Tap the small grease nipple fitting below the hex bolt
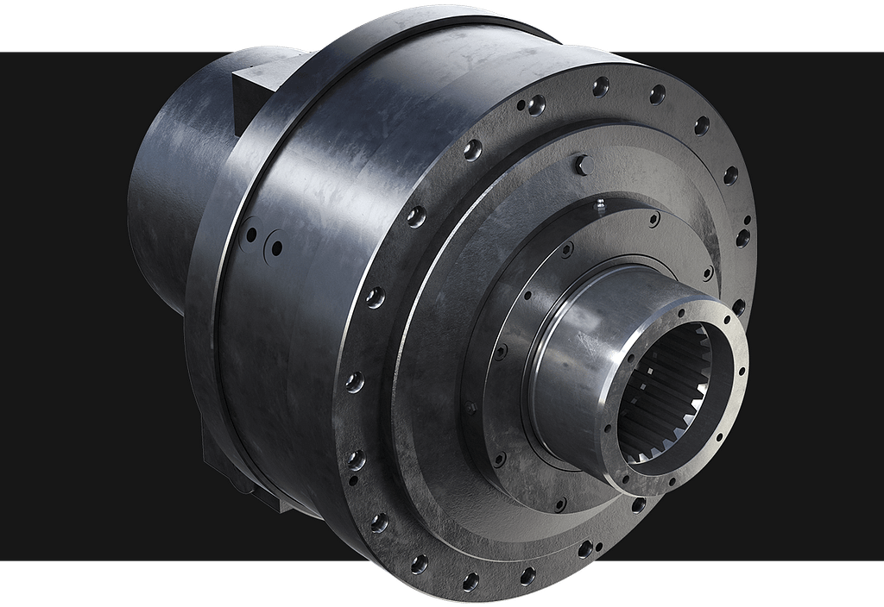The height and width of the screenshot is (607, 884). click(x=599, y=204)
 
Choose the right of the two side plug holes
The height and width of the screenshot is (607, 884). click(x=276, y=247)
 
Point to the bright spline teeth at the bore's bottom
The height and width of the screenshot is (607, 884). click(x=660, y=448)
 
